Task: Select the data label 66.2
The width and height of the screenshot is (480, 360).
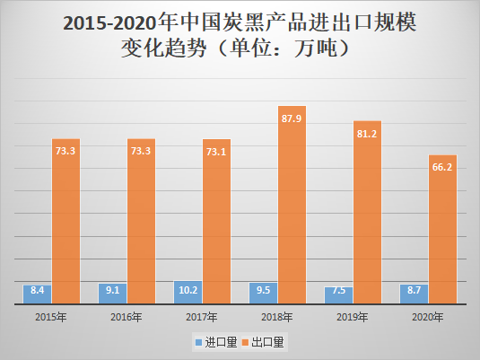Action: (442, 167)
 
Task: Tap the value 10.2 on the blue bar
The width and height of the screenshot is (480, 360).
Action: (188, 290)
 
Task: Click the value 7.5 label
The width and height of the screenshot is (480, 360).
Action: (338, 290)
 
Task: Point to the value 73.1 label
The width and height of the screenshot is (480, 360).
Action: (216, 152)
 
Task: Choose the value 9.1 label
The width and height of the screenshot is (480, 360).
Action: (112, 290)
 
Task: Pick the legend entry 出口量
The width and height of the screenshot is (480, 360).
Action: (268, 342)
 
